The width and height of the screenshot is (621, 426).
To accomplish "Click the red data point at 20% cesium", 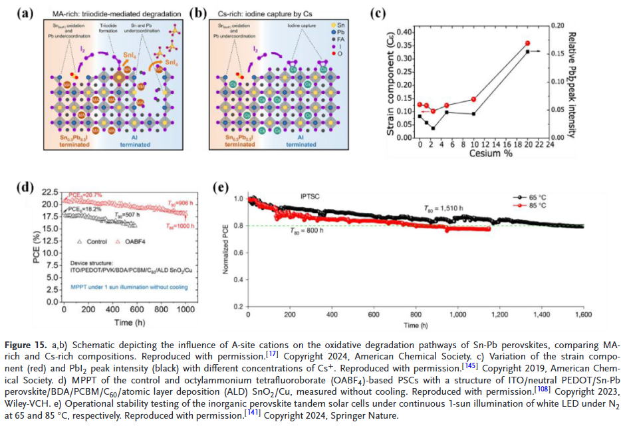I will (527, 43).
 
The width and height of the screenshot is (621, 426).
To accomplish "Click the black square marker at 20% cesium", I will (527, 51).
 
